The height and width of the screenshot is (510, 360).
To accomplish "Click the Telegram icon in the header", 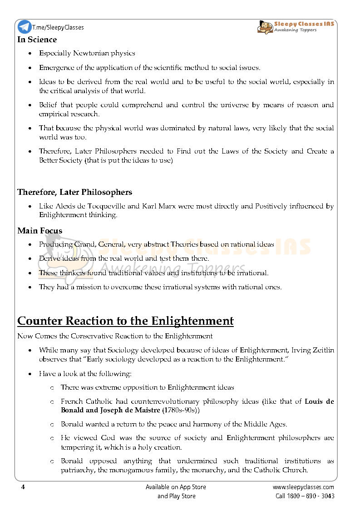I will [24, 27].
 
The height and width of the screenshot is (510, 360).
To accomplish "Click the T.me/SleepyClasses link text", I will [58, 27].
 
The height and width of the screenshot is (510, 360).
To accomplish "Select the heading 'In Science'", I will [37, 40].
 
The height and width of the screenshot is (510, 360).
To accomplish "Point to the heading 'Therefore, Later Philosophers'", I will [74, 192].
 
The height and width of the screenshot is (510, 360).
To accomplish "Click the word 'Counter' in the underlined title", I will [40, 321].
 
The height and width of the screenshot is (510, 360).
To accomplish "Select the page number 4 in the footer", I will [22, 487].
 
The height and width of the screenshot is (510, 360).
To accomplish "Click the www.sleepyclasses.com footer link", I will [303, 487].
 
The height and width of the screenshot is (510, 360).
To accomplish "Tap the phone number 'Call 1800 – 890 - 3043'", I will [305, 496].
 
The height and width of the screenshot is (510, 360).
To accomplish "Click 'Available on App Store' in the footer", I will [176, 487].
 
